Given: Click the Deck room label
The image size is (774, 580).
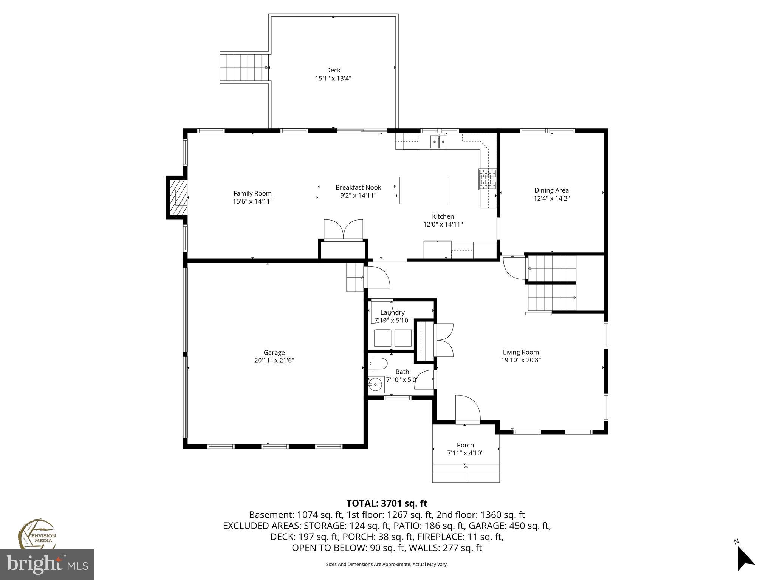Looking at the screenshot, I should (x=333, y=70).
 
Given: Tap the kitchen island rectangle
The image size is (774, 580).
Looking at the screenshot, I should (x=425, y=190).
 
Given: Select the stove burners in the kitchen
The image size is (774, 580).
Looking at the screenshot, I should (x=488, y=179).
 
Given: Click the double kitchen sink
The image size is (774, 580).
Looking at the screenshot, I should (x=439, y=142).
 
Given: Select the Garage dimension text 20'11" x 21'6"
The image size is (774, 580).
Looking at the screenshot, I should (x=274, y=361).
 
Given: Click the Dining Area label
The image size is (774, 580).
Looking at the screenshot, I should (x=551, y=190).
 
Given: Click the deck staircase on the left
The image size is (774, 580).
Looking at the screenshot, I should (x=244, y=68).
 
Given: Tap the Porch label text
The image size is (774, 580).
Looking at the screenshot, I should (x=465, y=445).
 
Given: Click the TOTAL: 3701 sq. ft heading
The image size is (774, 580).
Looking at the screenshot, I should (x=387, y=503).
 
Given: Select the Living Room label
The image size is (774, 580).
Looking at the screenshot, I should (x=521, y=352).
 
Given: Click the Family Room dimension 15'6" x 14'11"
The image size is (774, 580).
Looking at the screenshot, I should (x=252, y=202).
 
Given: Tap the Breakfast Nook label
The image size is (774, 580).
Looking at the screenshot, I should (x=358, y=187).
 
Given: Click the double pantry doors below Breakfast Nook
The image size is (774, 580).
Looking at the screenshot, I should (x=344, y=230).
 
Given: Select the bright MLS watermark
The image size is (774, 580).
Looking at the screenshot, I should (x=47, y=565).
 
